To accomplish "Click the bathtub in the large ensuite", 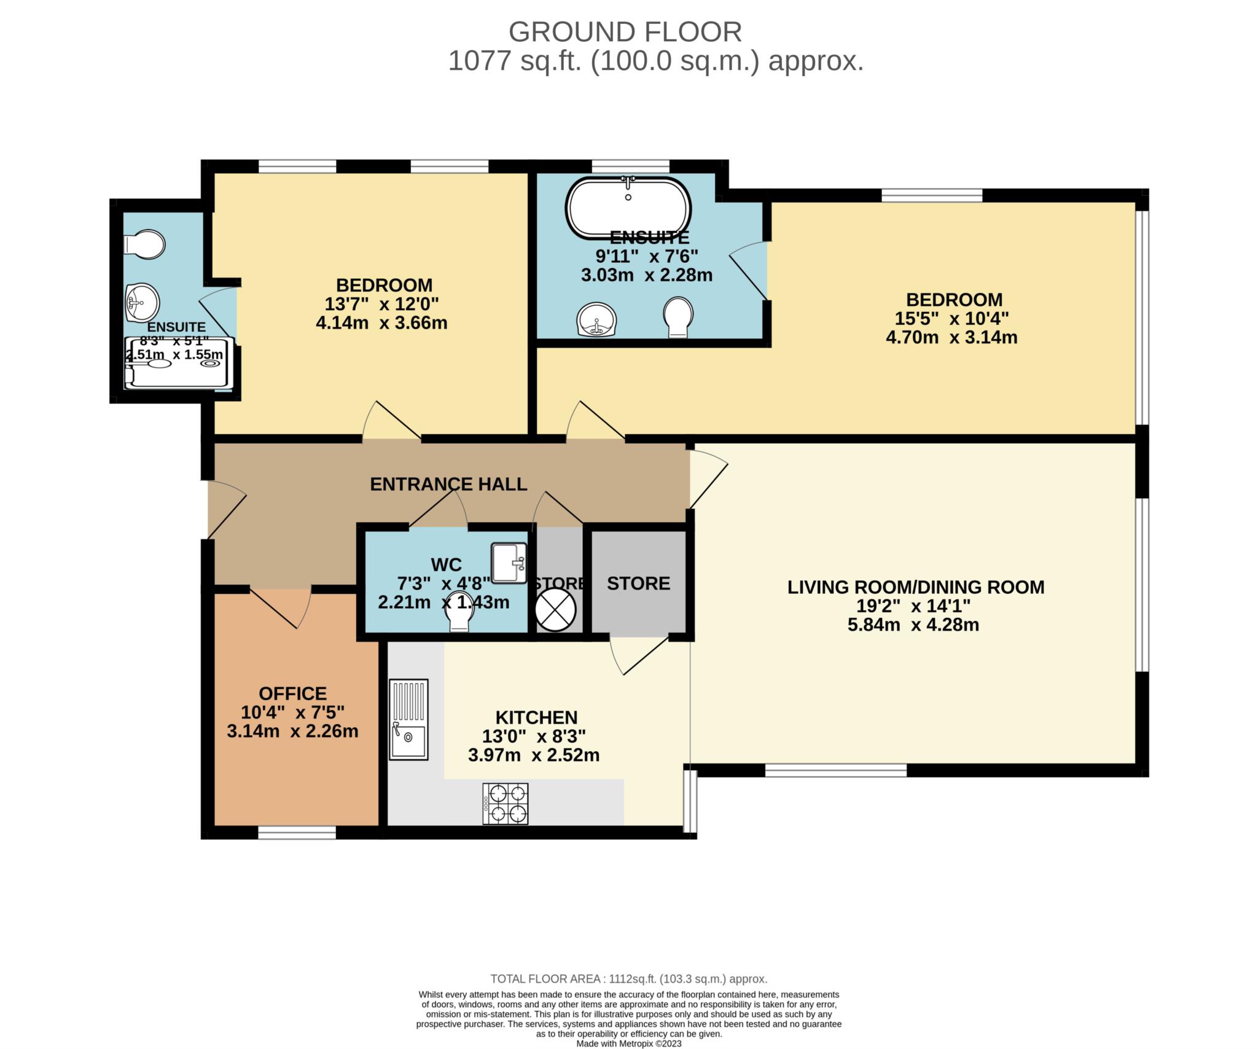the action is tap(628, 208).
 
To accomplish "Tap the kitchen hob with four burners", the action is tap(505, 803).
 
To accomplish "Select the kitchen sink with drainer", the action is tap(408, 719).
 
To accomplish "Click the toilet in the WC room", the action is tap(459, 612).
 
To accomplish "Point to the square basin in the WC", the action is tap(509, 562).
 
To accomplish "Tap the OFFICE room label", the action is tap(292, 693).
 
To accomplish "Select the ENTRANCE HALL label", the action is tap(448, 484).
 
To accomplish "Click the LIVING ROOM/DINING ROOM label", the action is tap(916, 587).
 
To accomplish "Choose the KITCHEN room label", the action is tap(536, 717).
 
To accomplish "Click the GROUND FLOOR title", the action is tap(625, 32).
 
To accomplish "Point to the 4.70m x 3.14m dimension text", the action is tap(951, 337).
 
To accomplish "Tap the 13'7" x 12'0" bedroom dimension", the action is tap(381, 304).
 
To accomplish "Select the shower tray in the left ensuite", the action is tap(179, 363).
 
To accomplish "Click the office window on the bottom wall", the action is tap(297, 832).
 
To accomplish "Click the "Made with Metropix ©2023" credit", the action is tap(629, 1043).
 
